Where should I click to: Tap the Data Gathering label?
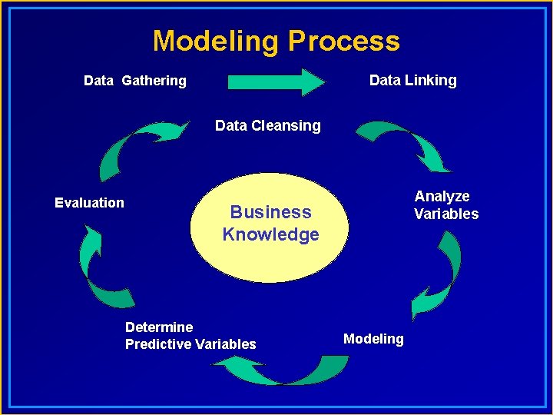pos(134,81)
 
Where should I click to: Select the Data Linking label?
pos(412,80)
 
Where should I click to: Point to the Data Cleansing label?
pos(267,125)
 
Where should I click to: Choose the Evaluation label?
pos(89,203)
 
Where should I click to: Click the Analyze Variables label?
pos(445,205)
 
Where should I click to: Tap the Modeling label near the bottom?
pos(373,339)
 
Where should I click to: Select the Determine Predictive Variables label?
pos(190,336)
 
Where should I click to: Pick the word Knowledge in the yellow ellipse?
pos(270,234)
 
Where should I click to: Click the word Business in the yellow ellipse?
pos(270,212)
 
